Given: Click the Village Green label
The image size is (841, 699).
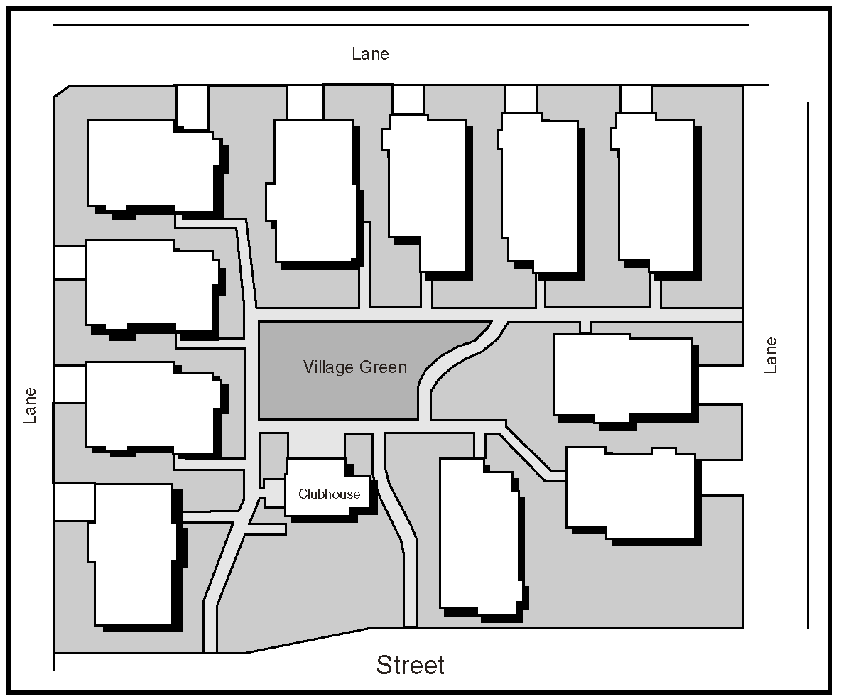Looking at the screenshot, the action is tap(355, 367).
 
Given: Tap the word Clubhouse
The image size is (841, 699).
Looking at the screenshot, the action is tap(330, 494).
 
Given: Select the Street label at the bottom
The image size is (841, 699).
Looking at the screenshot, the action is tap(411, 665).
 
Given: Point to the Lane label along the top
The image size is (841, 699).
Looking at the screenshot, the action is tap(370, 54).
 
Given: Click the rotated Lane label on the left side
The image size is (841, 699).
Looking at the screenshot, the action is tap(30, 406).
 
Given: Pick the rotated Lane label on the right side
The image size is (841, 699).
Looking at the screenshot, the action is tap(770, 355).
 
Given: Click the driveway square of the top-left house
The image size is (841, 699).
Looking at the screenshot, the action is tap(192, 107).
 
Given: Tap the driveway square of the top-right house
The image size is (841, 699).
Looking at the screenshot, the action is tap(636, 99).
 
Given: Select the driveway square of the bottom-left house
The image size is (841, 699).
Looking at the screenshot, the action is tap(74, 502).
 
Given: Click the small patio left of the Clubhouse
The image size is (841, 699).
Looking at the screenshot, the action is tap(275, 493).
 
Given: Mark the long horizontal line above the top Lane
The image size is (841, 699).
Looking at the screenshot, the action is tap(401, 25).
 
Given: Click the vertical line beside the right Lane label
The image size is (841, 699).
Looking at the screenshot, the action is tap(808, 365).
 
